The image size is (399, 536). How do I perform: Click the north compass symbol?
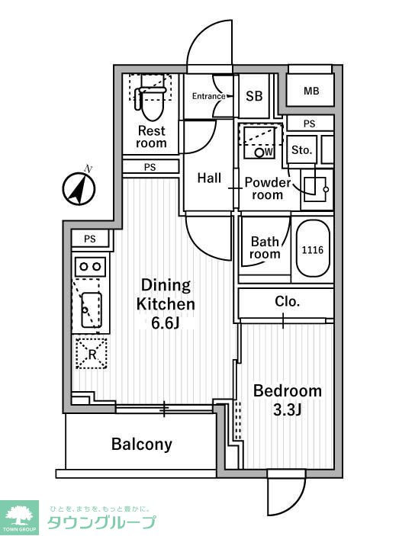[x=79, y=188]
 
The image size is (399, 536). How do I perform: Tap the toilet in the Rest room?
[x=150, y=102]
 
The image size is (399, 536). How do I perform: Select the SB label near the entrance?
[x=254, y=96]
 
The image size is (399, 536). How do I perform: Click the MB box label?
[x=311, y=91]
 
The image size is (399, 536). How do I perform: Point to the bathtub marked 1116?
[x=313, y=249]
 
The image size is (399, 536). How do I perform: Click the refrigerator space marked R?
[x=92, y=354]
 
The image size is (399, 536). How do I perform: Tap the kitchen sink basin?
[x=92, y=310]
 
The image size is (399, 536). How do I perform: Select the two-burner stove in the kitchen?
[x=90, y=266]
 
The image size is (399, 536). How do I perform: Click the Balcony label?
[x=142, y=444]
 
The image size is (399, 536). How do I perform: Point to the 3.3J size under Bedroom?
[x=287, y=409]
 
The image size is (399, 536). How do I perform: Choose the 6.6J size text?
[x=166, y=323]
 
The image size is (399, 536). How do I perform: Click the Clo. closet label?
[x=287, y=301]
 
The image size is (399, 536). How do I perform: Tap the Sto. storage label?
[x=302, y=150]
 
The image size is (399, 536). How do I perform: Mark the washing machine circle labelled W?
[x=260, y=152]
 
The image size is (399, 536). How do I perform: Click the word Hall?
[x=209, y=178]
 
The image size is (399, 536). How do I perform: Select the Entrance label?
[x=208, y=96]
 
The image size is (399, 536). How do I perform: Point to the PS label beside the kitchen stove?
[x=90, y=239]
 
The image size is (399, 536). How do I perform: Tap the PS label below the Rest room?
[x=150, y=167]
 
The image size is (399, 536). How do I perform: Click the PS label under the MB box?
[x=310, y=124]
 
